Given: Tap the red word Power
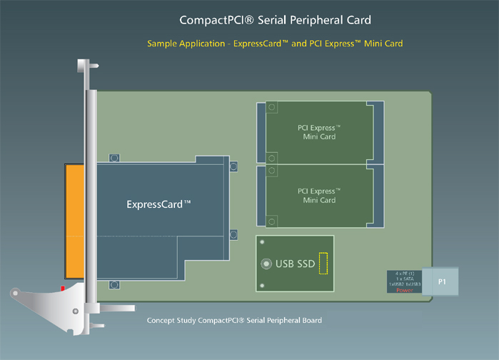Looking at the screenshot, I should (x=405, y=291).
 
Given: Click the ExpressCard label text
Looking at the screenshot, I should (x=158, y=204).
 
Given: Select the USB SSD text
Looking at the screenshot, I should (x=295, y=264).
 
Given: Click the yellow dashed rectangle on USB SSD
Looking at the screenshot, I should (x=323, y=263).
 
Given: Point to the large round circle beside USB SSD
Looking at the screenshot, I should (x=267, y=264).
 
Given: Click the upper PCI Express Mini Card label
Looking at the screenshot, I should (x=318, y=132).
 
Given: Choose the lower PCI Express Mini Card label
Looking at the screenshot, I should (x=318, y=196).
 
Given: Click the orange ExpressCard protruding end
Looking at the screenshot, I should (x=74, y=221).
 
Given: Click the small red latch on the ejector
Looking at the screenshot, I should (x=64, y=287).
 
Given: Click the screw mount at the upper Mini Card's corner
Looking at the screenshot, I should (x=271, y=108).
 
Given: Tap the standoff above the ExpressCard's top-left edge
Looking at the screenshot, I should (x=114, y=157).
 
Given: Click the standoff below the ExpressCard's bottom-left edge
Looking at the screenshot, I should (x=114, y=284).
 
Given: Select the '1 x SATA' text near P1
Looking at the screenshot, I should (x=405, y=279).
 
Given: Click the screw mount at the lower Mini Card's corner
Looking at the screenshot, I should (x=271, y=171).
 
